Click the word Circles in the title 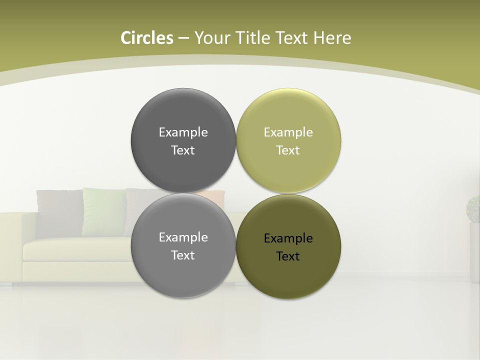click(146, 38)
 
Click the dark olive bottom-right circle click(288, 275)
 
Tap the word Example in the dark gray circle click(183, 132)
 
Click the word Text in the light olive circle click(288, 150)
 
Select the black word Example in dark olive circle click(288, 238)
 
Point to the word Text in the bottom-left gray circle click(183, 255)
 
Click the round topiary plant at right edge click(473, 208)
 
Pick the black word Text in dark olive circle click(288, 256)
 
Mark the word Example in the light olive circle click(288, 132)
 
